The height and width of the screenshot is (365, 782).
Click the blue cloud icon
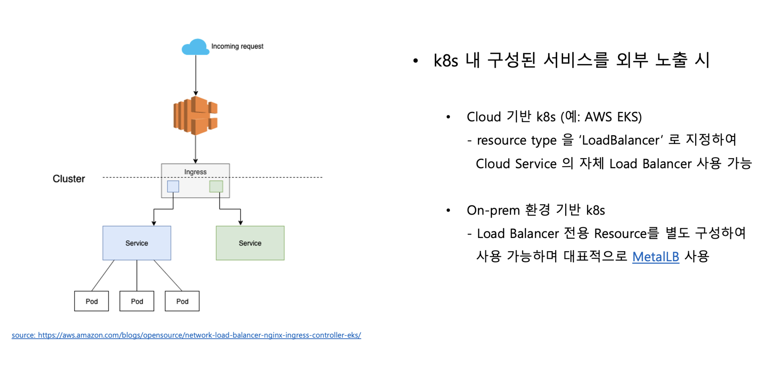click(x=195, y=47)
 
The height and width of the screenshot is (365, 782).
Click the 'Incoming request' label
click(x=237, y=46)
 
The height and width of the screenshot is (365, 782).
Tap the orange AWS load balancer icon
click(x=195, y=115)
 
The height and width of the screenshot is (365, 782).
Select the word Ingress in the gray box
click(x=195, y=172)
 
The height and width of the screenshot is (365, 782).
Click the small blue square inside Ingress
click(x=173, y=186)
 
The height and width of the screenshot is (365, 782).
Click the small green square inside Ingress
click(x=216, y=186)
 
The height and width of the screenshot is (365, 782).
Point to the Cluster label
click(x=69, y=179)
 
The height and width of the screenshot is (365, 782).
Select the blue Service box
click(x=137, y=243)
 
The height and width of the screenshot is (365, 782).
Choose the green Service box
click(x=250, y=243)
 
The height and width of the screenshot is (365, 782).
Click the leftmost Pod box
click(x=91, y=301)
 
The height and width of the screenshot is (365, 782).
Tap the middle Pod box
click(x=137, y=301)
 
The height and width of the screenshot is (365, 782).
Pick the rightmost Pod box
click(x=182, y=301)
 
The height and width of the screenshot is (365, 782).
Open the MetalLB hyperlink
click(x=656, y=257)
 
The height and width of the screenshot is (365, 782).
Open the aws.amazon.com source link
click(x=187, y=335)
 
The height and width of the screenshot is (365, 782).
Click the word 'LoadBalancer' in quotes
click(x=621, y=140)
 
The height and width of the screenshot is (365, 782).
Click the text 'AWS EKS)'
click(x=613, y=117)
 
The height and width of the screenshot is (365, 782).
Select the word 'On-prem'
click(x=493, y=210)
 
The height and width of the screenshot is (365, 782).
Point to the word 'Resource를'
click(x=627, y=233)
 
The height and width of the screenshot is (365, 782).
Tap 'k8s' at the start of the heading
click(x=446, y=60)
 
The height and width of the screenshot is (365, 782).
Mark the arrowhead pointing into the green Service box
click(x=240, y=223)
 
